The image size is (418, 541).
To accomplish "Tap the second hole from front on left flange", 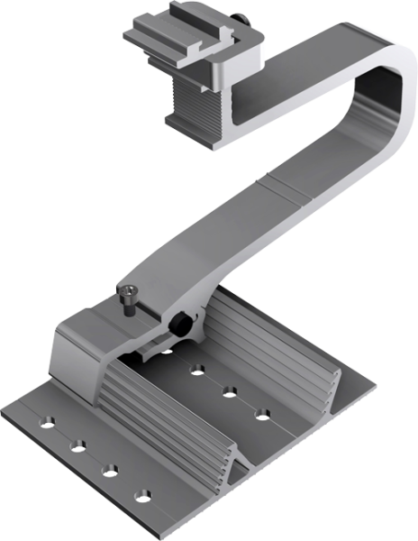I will pyautogui.click(x=110, y=470).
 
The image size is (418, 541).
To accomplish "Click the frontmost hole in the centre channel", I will pyautogui.click(x=262, y=413).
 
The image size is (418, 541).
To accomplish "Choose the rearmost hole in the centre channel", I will pyautogui.click(x=166, y=348).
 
